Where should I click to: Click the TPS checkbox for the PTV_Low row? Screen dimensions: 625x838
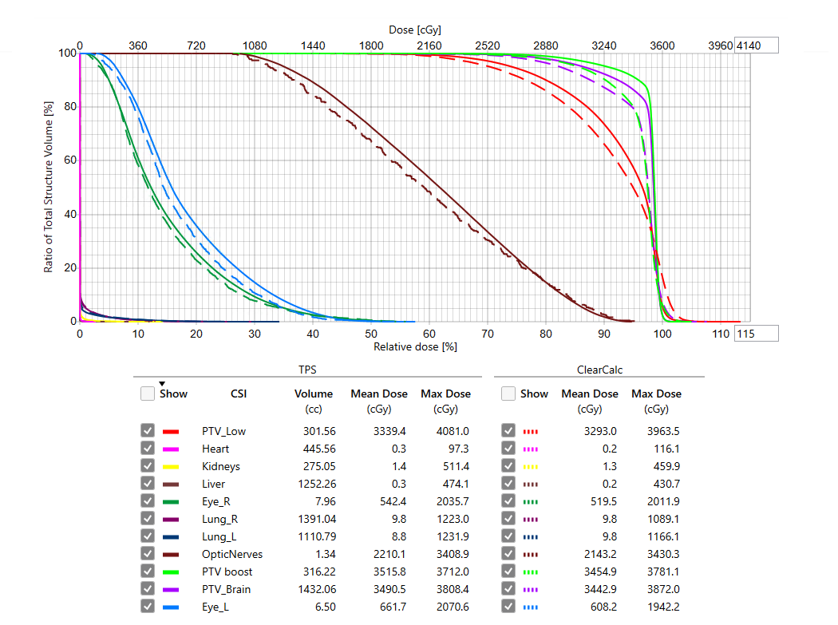tap(148, 431)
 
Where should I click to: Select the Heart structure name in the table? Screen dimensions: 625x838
tap(215, 449)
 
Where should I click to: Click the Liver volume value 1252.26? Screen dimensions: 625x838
tap(314, 484)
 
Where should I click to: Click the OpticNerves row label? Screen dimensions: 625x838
tap(232, 554)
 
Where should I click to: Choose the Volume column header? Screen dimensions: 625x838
tap(314, 394)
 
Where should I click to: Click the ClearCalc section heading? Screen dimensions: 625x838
tap(599, 370)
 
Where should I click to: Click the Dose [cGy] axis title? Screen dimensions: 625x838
tap(415, 30)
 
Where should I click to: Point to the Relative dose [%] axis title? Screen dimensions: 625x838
tap(415, 347)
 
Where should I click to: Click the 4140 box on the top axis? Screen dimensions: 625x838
tap(756, 45)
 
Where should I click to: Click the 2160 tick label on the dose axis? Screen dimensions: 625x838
tap(429, 45)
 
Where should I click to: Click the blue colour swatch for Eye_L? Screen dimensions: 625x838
tap(170, 607)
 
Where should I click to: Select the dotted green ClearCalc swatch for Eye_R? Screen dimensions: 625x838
tap(532, 501)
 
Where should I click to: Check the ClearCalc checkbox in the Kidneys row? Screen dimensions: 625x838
tap(508, 466)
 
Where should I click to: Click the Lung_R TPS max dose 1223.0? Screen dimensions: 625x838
tap(450, 519)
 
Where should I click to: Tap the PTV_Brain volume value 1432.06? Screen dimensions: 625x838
tap(314, 589)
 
